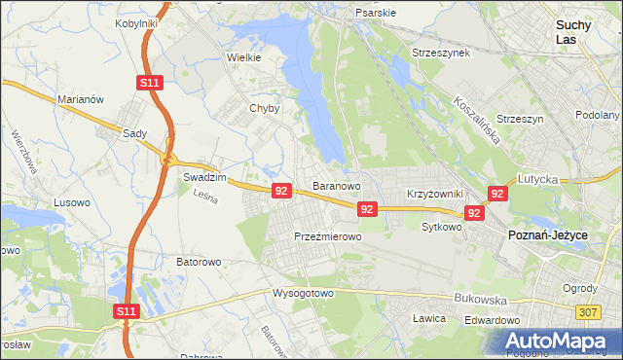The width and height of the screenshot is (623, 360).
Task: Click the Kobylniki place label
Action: click(137, 22)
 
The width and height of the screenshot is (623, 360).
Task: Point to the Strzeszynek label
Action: click(440, 53)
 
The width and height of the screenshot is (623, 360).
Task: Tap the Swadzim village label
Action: click(204, 179)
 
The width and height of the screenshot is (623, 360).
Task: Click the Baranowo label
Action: click(337, 185)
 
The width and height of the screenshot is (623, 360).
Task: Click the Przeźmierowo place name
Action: click(327, 236)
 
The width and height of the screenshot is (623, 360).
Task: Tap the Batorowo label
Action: click(200, 262)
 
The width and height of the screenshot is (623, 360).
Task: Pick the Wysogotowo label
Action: click(303, 292)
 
